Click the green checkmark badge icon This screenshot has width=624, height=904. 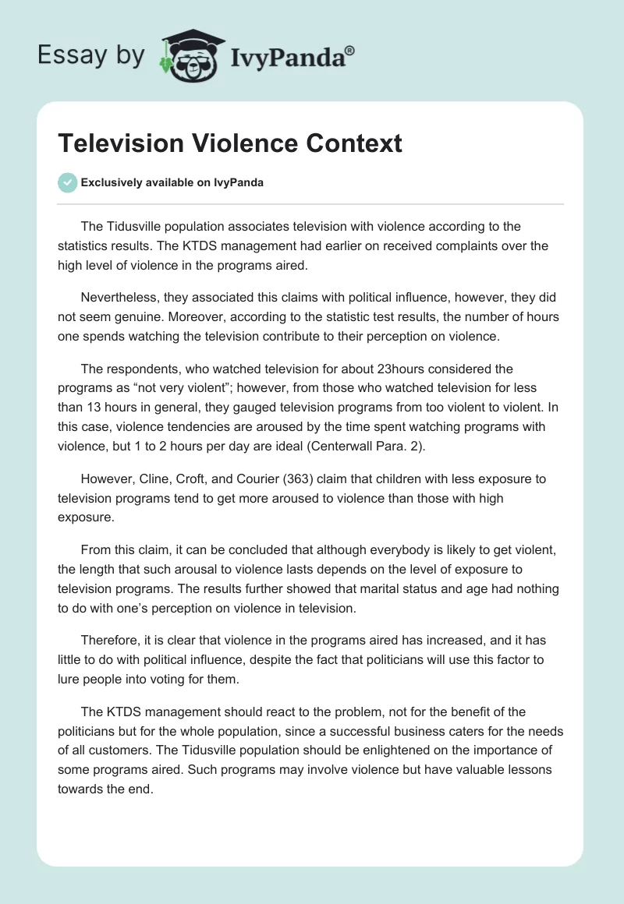pyautogui.click(x=67, y=182)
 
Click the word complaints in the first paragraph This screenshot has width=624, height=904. pyautogui.click(x=467, y=245)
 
